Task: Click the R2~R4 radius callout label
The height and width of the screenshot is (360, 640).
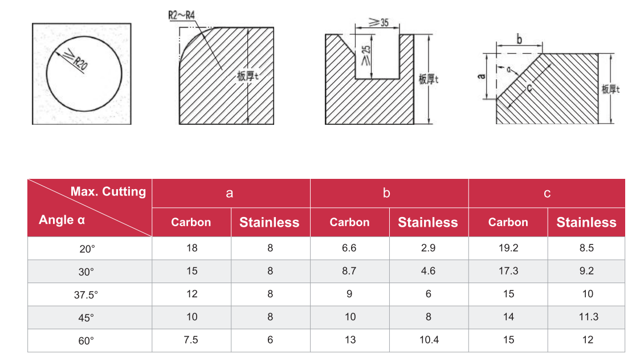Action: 182,15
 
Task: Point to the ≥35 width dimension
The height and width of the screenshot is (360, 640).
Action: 379,22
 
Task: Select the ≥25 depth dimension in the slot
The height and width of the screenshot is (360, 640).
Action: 366,55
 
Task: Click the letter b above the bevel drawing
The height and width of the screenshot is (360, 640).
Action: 519,40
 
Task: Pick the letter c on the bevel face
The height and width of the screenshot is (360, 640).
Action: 529,88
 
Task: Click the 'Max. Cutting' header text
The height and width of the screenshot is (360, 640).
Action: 108,191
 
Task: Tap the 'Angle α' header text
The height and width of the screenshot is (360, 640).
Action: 62,220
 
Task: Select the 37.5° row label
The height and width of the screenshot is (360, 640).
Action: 86,294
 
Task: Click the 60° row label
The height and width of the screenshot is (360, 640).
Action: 86,341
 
